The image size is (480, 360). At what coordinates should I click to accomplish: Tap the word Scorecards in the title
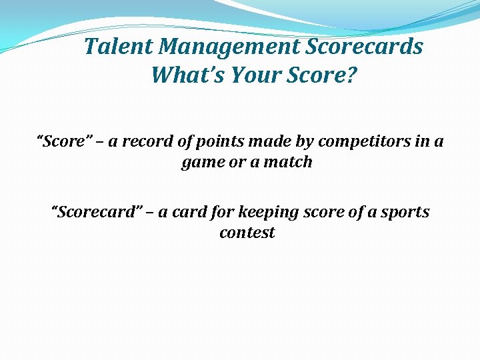(x=365, y=47)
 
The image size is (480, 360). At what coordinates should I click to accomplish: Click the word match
(x=288, y=162)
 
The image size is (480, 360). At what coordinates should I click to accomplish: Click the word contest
(x=247, y=233)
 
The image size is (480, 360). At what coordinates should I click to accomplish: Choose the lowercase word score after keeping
(x=325, y=213)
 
